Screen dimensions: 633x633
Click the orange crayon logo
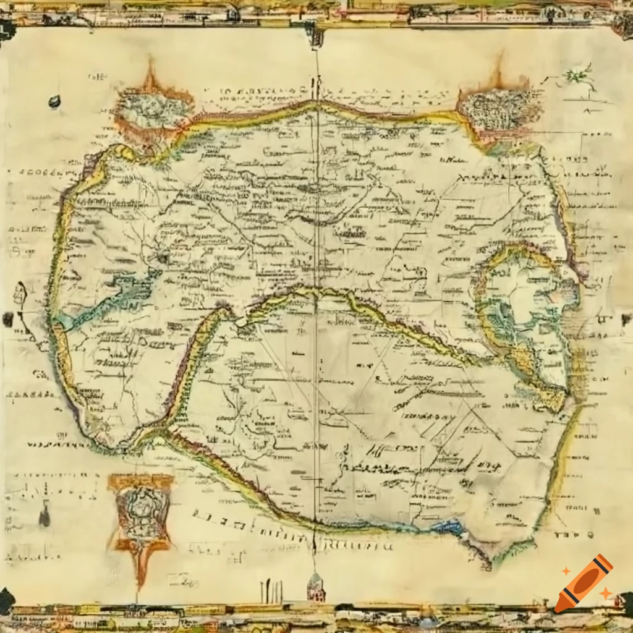point(584,583)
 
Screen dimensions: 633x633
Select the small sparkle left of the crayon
point(566,571)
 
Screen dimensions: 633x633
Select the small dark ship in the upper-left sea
point(54,101)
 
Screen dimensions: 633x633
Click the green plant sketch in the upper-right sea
point(577,76)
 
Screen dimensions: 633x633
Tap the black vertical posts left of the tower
point(271,592)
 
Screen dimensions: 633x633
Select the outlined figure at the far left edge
point(19,297)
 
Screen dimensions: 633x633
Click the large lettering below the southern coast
point(291,529)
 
